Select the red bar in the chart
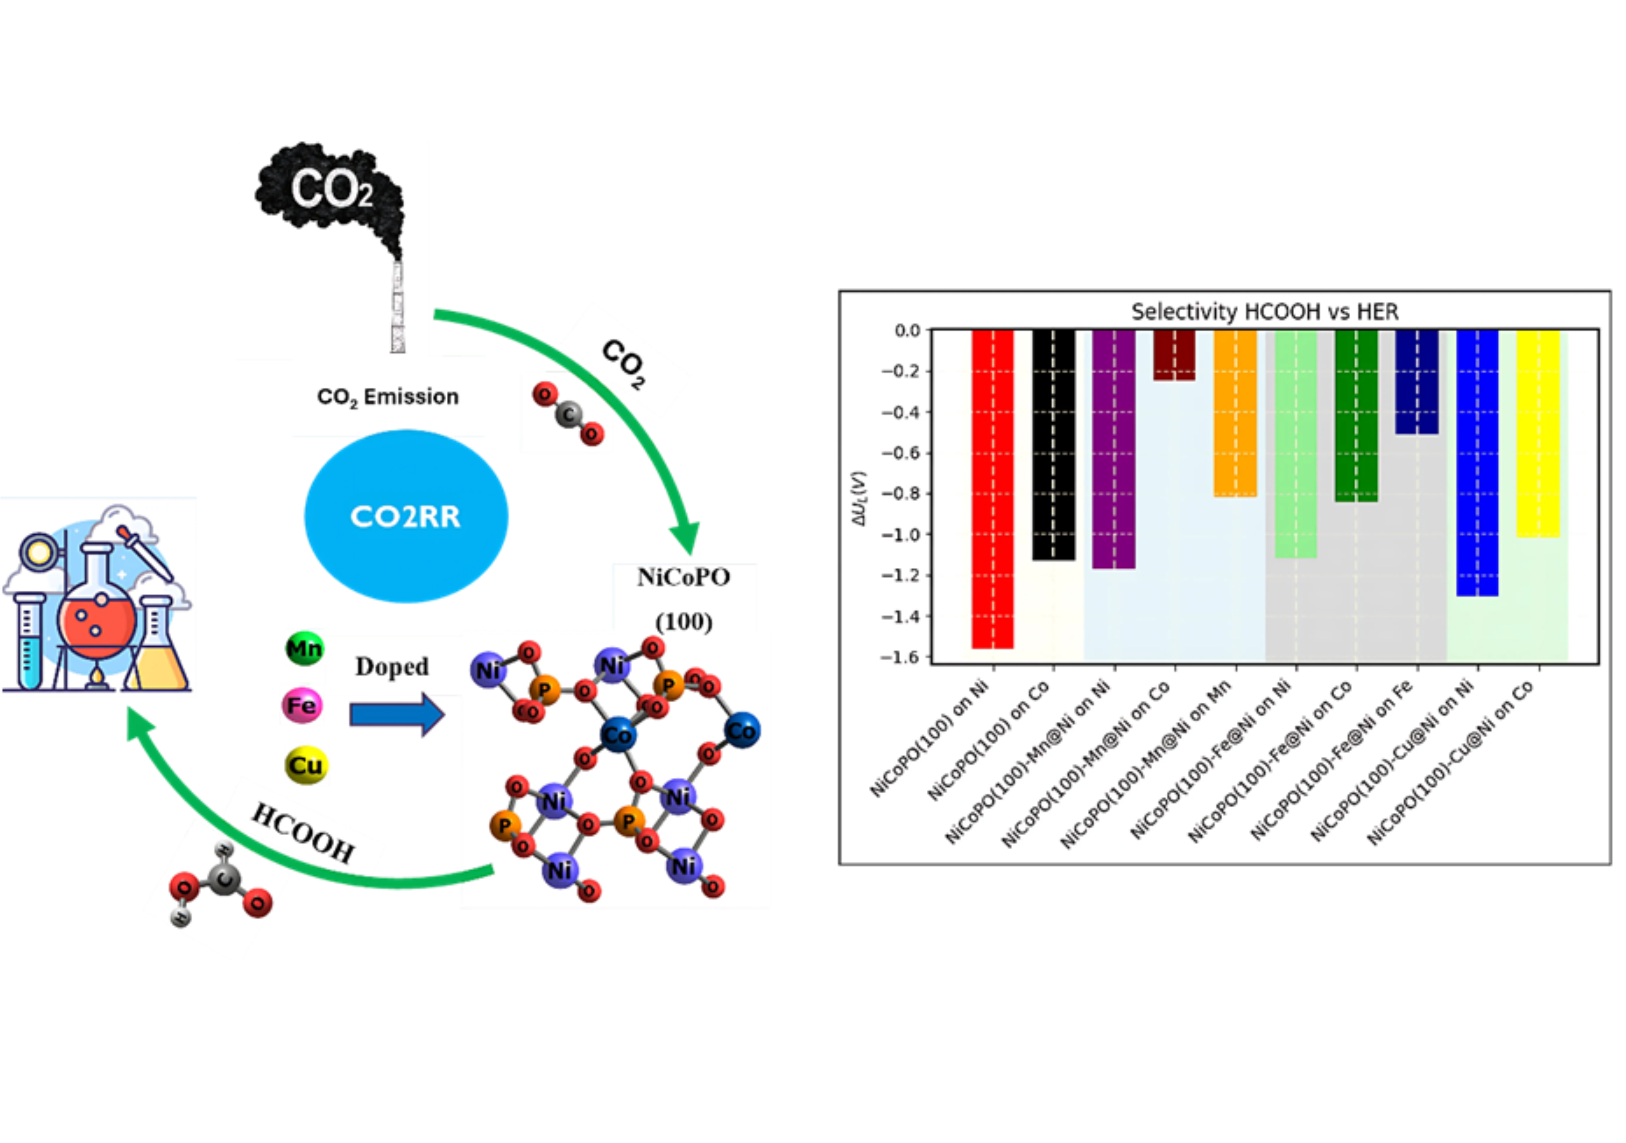pos(992,488)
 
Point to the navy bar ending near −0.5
pos(1416,382)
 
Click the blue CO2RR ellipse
pos(406,516)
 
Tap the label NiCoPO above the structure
pos(683,578)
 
